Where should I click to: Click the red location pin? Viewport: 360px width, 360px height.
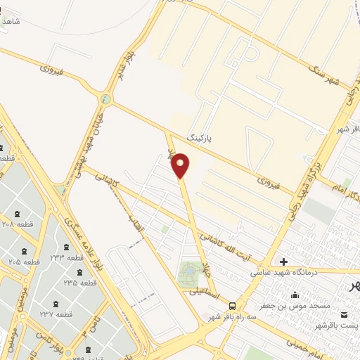(181, 165)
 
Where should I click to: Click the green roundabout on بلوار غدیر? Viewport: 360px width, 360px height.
(105, 98)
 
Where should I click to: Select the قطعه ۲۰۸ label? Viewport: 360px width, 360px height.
(16, 224)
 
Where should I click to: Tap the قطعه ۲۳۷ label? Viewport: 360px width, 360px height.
(58, 314)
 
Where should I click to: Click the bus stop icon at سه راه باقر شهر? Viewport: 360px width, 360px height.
(232, 304)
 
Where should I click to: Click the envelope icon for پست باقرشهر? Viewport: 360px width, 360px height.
(344, 314)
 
